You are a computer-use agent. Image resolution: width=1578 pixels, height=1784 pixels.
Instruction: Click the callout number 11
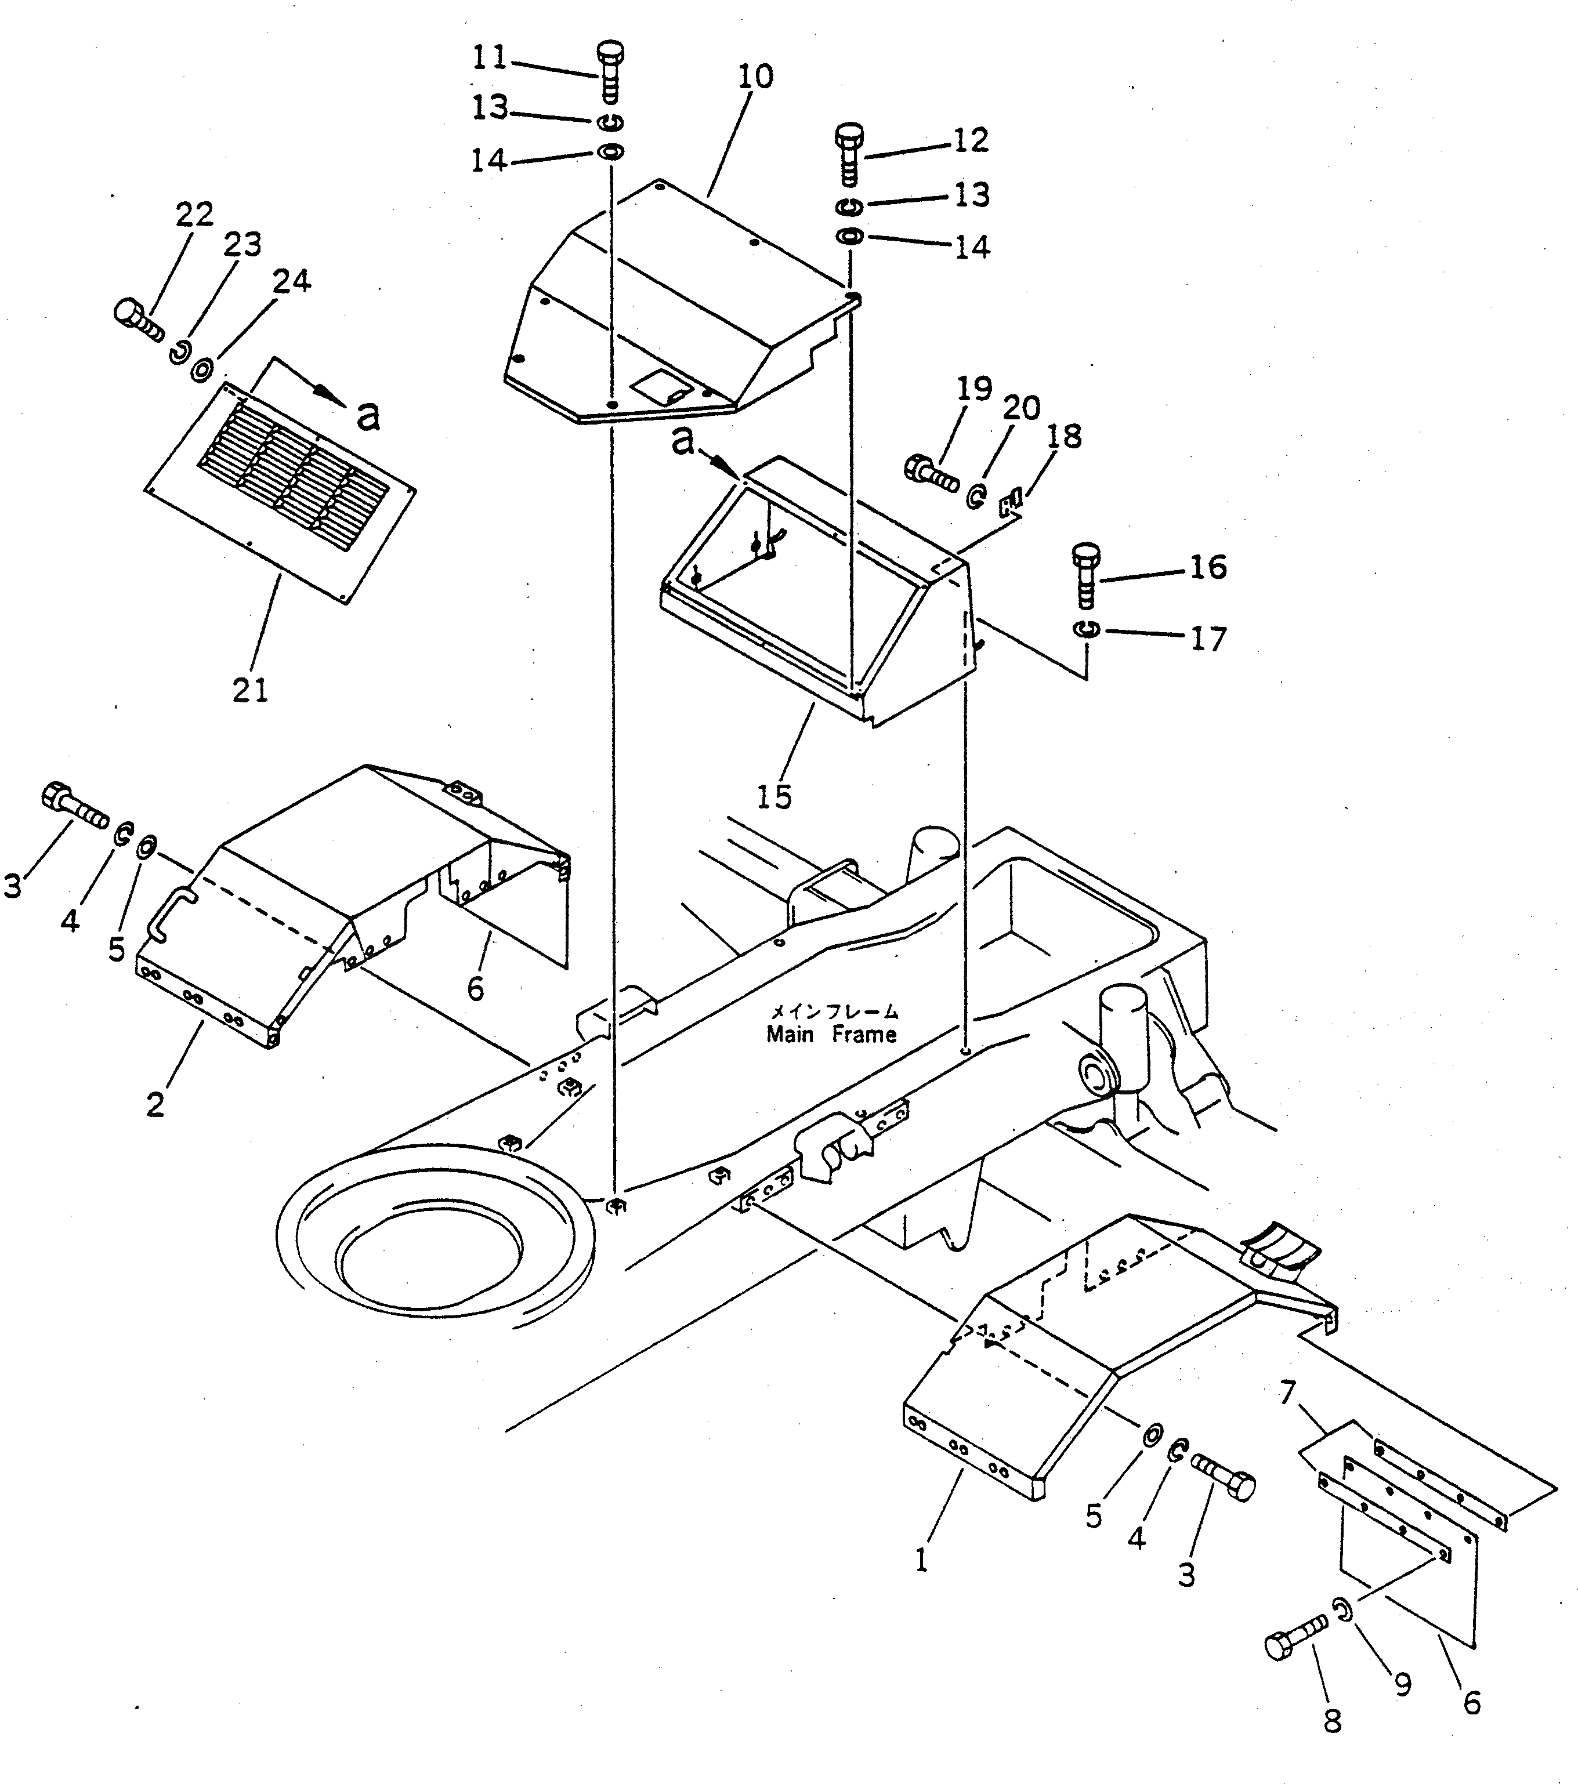489,57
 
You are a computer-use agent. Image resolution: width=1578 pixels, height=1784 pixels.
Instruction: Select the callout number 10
755,77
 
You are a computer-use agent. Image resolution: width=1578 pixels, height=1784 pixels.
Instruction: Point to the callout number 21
250,690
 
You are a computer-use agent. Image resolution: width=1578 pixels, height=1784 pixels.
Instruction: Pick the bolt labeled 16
1085,575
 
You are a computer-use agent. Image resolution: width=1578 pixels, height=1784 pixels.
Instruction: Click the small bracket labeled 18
1011,505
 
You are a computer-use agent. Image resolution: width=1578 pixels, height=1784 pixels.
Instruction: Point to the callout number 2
155,1104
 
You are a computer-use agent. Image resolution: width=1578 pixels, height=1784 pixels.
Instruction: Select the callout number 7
1288,1394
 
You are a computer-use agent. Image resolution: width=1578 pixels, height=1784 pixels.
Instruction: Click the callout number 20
1021,408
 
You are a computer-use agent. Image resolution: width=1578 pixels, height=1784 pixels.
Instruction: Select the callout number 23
242,244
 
